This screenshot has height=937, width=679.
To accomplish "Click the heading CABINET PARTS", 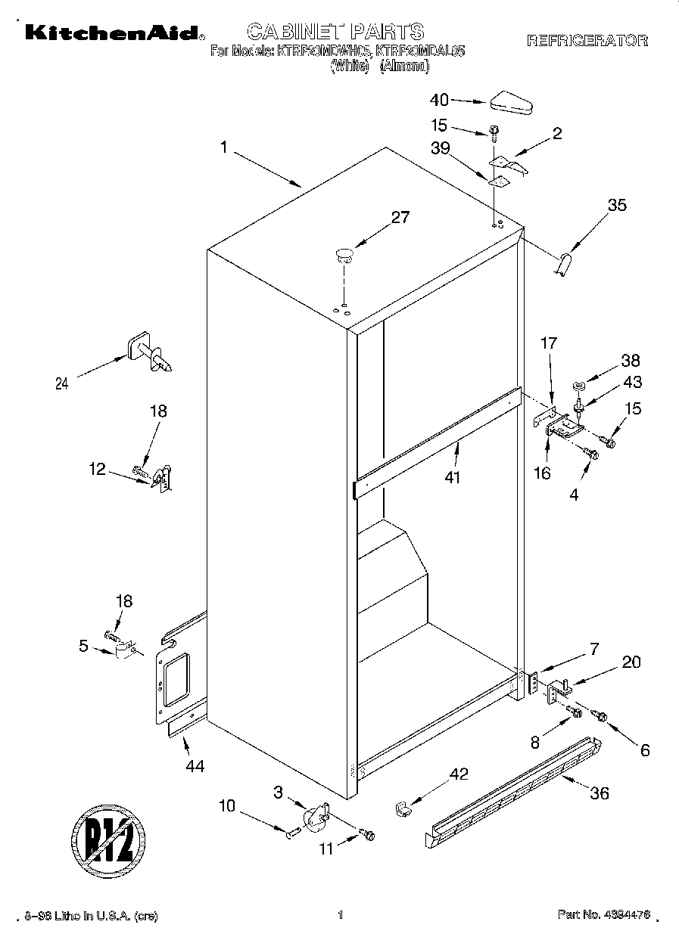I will [x=335, y=31].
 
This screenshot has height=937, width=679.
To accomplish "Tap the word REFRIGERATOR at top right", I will [x=587, y=41].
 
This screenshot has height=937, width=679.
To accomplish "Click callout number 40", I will [x=439, y=99].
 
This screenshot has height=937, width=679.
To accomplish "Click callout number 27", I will [x=400, y=218].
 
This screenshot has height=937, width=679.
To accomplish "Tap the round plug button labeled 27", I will [x=344, y=253].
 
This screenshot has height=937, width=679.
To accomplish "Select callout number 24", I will [x=62, y=383].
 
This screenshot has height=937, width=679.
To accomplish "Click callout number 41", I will [x=453, y=477].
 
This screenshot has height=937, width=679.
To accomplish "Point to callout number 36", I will [x=599, y=793].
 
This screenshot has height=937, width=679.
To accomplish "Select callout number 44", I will [x=195, y=766].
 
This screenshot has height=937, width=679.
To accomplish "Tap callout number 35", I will [x=617, y=204].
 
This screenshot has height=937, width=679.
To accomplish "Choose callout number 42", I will [x=459, y=774].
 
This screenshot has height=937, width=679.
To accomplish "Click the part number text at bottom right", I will [x=603, y=915].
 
